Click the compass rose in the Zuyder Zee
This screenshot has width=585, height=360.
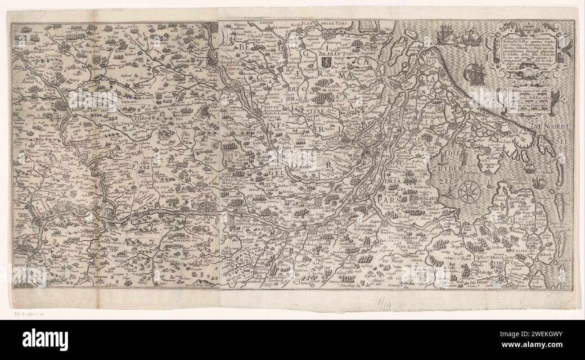(x=469, y=191)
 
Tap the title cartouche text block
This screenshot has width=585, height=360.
(x=529, y=52)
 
